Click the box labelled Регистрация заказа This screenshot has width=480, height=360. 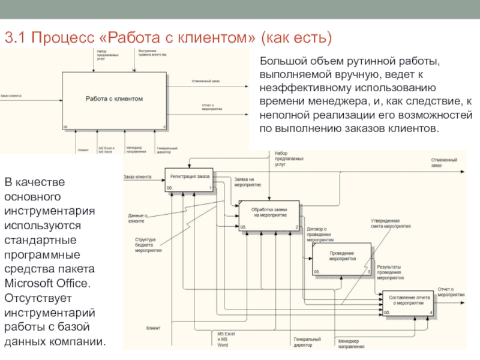click(189, 179)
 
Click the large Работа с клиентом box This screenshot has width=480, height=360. click(115, 101)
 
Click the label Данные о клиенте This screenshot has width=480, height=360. click(137, 218)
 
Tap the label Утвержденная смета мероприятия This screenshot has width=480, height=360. click(390, 225)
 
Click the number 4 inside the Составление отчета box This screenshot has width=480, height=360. click(431, 312)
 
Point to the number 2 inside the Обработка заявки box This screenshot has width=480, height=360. click(296, 227)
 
